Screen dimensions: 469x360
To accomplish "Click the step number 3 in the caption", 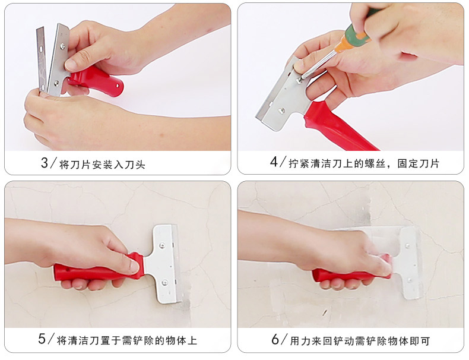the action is coord(45,163).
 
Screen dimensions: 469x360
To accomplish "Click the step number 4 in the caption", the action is coord(274,162).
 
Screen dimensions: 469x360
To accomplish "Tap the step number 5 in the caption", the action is coord(42,339).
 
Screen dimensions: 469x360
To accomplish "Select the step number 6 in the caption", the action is coord(275,340).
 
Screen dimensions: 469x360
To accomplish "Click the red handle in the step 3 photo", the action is coord(97,81).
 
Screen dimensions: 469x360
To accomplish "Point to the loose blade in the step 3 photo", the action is coord(42,59).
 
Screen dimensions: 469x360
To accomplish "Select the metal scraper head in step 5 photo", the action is coord(164,263).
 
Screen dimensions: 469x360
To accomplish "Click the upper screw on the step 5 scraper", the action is coord(163,246).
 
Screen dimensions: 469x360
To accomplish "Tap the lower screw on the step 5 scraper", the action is coord(164,283).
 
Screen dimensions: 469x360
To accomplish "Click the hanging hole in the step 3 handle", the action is coord(118,86).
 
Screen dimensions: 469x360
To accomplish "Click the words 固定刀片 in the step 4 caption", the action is coord(418,163).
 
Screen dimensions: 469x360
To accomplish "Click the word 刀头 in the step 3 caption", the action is coord(135,165).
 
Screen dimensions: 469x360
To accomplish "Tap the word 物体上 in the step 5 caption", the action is coord(181,340).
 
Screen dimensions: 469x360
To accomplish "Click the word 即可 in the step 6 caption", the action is coord(420,341).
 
